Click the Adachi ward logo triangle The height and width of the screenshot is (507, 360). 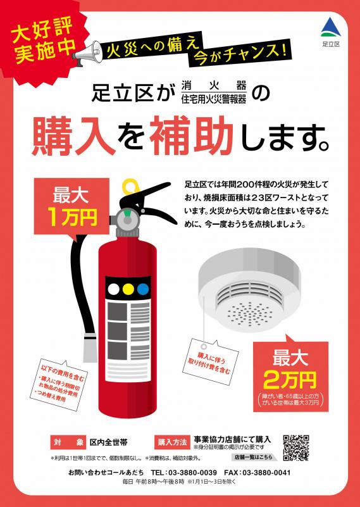(x=330, y=27)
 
